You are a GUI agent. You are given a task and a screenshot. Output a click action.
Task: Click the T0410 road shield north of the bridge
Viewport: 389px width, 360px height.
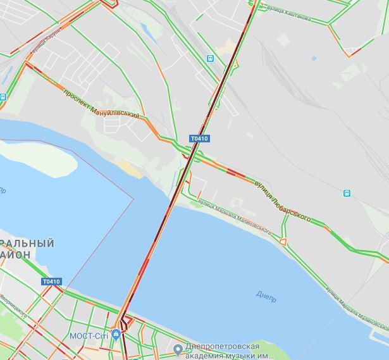[199, 138]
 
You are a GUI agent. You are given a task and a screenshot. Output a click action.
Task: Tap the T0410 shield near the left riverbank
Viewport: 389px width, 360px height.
[51, 282]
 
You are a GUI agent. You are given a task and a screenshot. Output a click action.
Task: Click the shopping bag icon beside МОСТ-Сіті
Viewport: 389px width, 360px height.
[115, 335]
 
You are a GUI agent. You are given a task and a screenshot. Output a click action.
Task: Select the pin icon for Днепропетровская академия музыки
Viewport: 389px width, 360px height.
[179, 348]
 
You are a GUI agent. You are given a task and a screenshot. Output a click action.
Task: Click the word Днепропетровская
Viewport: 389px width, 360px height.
[222, 347]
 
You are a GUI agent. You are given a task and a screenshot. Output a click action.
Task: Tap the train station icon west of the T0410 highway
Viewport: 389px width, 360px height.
[210, 58]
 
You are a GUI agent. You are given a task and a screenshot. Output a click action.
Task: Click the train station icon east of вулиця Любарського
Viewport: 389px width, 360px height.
[347, 193]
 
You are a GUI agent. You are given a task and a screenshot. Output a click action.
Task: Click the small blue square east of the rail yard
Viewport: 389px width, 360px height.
[313, 58]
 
